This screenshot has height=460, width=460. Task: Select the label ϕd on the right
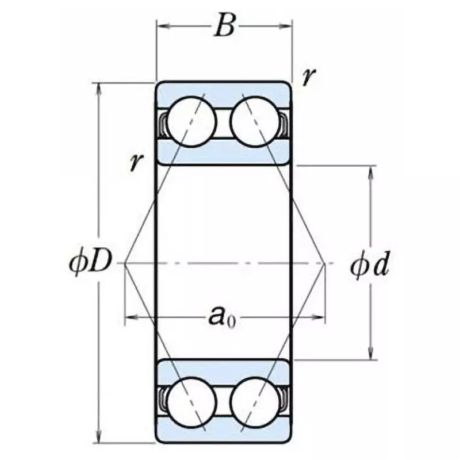(369, 266)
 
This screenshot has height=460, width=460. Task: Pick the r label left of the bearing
(136, 162)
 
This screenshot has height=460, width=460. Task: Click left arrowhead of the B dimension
(161, 26)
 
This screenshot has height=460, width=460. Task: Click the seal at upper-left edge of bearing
(163, 123)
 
